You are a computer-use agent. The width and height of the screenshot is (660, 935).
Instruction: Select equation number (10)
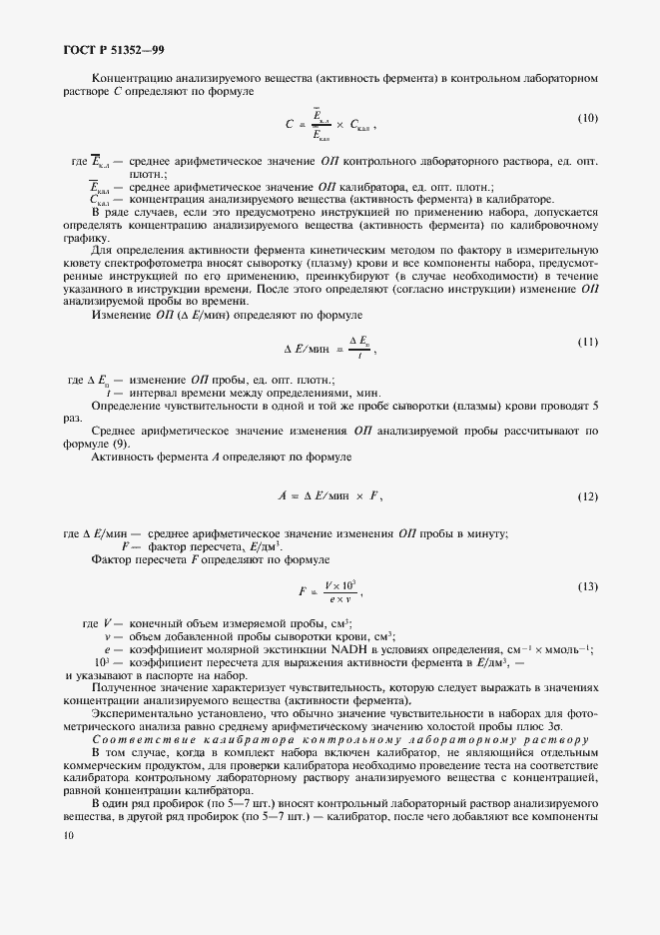tap(587, 119)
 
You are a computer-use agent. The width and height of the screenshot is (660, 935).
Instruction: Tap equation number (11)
tap(587, 343)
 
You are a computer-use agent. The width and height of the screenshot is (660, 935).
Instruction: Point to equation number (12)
tap(587, 495)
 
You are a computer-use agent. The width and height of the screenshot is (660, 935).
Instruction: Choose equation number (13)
tap(587, 585)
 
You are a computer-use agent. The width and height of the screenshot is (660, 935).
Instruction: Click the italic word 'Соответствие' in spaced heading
tap(139, 738)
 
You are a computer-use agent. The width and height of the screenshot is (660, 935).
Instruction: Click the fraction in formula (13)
tap(340, 590)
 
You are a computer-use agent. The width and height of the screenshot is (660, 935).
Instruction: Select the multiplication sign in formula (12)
tap(357, 496)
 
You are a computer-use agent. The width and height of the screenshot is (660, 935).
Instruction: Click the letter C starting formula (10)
tap(289, 126)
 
